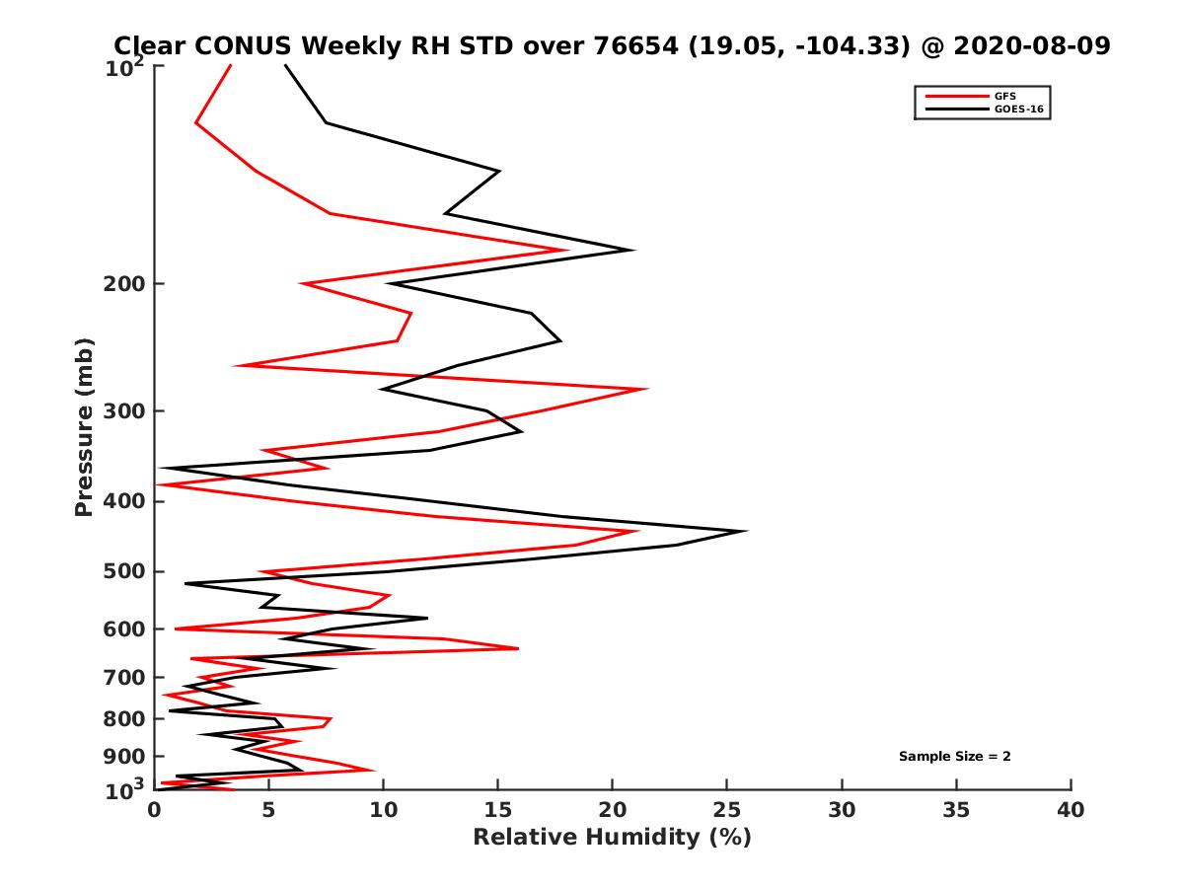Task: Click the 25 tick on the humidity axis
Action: pyautogui.click(x=727, y=789)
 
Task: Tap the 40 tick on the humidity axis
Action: pyautogui.click(x=1071, y=789)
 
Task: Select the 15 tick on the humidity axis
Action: pyautogui.click(x=498, y=789)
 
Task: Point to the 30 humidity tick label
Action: pyautogui.click(x=842, y=810)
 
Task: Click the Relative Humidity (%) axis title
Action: pyautogui.click(x=612, y=838)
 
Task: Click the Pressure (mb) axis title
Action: pyautogui.click(x=84, y=427)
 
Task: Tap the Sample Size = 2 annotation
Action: pyautogui.click(x=954, y=757)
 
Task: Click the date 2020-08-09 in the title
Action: pyautogui.click(x=1026, y=45)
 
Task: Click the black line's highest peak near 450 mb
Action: pyautogui.click(x=746, y=531)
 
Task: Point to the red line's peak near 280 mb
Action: pyautogui.click(x=647, y=389)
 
